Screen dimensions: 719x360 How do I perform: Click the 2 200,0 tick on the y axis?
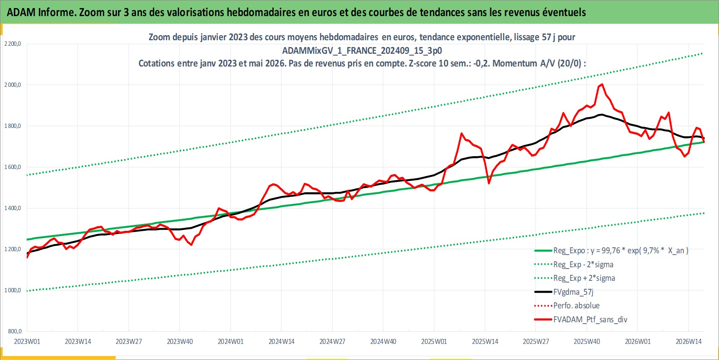pyautogui.click(x=13, y=44)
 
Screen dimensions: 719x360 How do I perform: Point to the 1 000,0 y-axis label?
pyautogui.click(x=13, y=291)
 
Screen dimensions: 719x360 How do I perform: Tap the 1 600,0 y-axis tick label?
pyautogui.click(x=13, y=167)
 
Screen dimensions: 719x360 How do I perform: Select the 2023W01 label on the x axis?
pyautogui.click(x=27, y=342)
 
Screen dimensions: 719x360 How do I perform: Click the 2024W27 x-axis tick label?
pyautogui.click(x=332, y=342)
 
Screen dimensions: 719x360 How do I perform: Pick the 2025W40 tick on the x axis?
pyautogui.click(x=587, y=342)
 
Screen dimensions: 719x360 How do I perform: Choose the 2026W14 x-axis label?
pyautogui.click(x=688, y=342)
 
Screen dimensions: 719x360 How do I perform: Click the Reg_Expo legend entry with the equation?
pyautogui.click(x=611, y=251)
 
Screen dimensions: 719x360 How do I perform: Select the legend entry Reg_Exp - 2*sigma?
pyautogui.click(x=574, y=265)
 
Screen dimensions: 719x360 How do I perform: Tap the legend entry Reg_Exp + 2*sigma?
pyautogui.click(x=575, y=278)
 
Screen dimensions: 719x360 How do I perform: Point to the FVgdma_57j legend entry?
pyautogui.click(x=564, y=292)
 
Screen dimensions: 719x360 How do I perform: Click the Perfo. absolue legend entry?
pyautogui.click(x=567, y=306)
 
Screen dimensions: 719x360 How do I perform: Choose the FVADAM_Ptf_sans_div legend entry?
pyautogui.click(x=580, y=320)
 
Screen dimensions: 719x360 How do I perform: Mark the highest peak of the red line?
pyautogui.click(x=602, y=84)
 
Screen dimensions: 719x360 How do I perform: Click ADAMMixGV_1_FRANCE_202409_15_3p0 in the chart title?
pyautogui.click(x=362, y=51)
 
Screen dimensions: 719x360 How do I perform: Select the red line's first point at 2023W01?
pyautogui.click(x=27, y=258)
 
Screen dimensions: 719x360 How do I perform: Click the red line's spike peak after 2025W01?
pyautogui.click(x=461, y=133)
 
